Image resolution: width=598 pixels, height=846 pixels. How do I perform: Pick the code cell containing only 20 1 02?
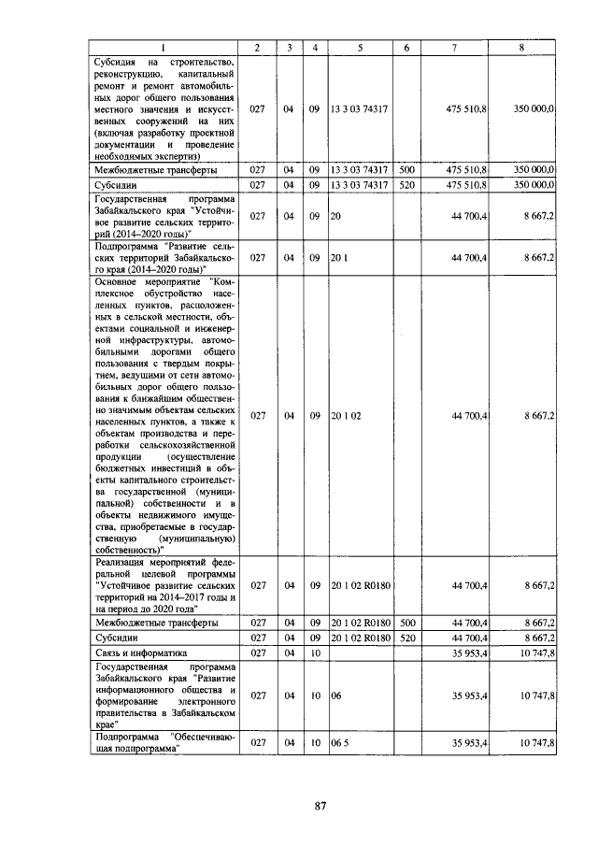[346, 415]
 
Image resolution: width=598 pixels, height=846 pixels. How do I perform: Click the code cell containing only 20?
[335, 217]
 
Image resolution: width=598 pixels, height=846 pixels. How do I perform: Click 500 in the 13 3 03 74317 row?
[406, 170]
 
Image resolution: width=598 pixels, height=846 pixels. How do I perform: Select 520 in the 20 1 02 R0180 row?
[406, 638]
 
